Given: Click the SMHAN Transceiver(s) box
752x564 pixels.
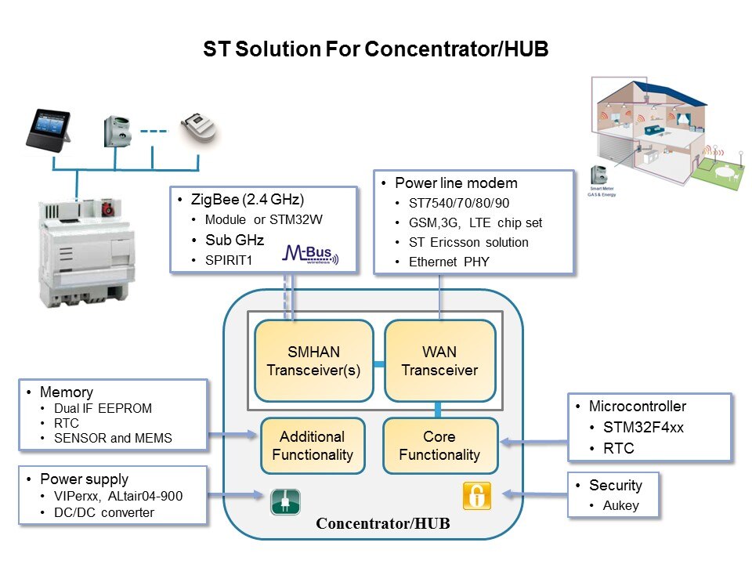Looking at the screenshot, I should (x=313, y=361).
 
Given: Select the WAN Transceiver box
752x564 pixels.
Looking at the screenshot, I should (x=439, y=361).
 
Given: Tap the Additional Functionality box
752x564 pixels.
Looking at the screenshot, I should (x=312, y=446).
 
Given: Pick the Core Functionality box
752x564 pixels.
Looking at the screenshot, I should (x=439, y=446).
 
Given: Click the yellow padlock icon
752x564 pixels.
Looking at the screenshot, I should (x=476, y=495).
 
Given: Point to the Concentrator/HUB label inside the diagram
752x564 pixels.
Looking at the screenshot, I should (x=382, y=523).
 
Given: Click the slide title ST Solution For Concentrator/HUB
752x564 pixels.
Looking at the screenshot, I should (x=376, y=49).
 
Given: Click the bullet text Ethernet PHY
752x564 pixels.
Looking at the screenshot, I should (x=449, y=262).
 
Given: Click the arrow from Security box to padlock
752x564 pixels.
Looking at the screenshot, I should (x=534, y=493).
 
